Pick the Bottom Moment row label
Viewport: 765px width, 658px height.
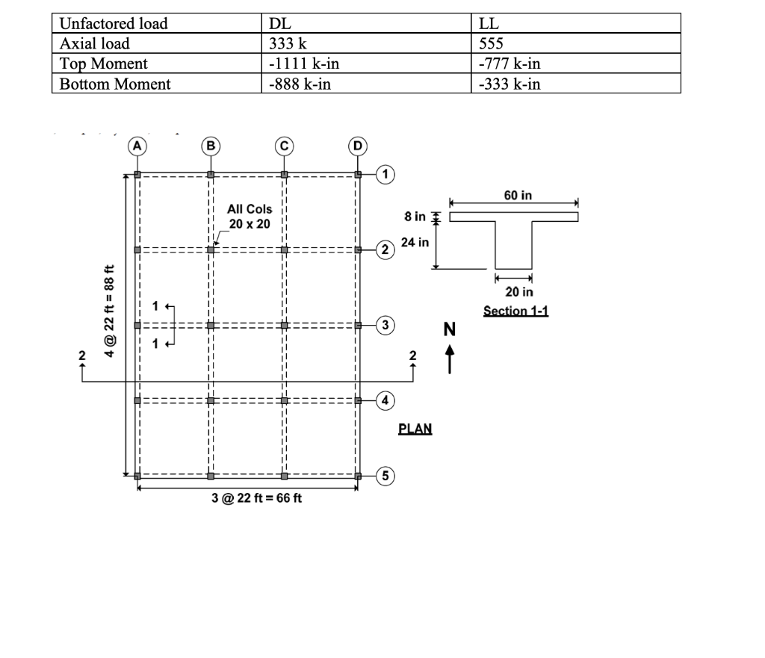(x=115, y=84)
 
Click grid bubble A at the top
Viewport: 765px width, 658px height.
(x=138, y=145)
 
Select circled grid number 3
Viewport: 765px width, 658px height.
(x=385, y=325)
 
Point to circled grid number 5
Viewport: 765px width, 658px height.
(x=385, y=475)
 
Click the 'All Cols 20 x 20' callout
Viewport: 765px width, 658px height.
(x=250, y=217)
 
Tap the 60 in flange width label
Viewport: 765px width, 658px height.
(x=518, y=196)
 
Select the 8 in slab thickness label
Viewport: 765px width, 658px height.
(x=415, y=217)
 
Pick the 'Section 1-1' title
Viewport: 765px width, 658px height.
(x=515, y=310)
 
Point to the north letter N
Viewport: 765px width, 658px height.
(x=450, y=329)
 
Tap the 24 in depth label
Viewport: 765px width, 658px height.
(x=415, y=242)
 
